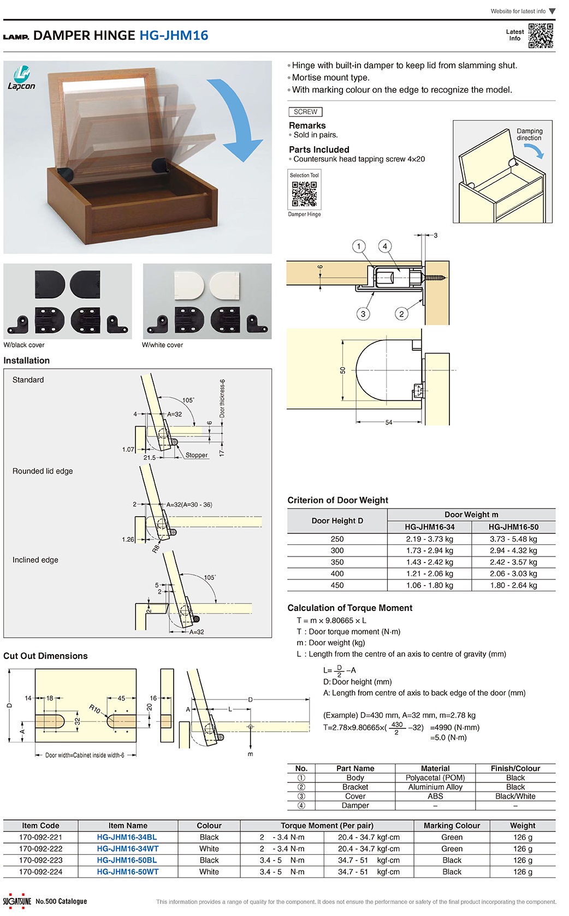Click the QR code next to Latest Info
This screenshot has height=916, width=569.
click(x=541, y=35)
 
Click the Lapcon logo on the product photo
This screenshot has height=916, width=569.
click(x=21, y=78)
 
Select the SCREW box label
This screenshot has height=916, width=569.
click(x=305, y=112)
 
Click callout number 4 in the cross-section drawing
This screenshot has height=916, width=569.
click(x=385, y=246)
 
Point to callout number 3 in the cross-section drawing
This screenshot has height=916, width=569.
click(x=363, y=314)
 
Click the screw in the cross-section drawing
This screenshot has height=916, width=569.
click(x=435, y=278)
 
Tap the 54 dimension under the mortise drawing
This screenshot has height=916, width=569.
click(x=389, y=422)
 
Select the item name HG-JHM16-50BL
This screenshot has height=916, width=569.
click(x=127, y=860)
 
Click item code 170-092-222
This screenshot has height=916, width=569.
click(x=40, y=849)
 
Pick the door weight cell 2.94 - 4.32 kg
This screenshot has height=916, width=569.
click(x=513, y=550)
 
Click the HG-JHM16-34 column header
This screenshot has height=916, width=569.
click(x=429, y=527)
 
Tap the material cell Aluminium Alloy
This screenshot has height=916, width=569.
click(x=435, y=787)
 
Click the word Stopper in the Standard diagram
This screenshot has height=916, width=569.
click(x=197, y=455)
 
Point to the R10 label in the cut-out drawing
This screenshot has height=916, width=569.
click(x=95, y=709)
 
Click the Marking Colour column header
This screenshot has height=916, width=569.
click(x=452, y=825)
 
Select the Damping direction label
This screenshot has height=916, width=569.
click(x=529, y=134)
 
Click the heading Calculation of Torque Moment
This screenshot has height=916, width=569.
click(x=349, y=608)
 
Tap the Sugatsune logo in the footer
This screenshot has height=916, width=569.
click(x=17, y=901)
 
